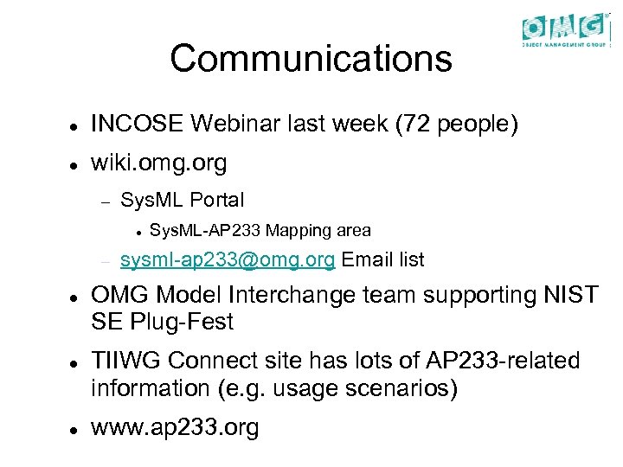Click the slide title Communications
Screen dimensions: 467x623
click(311, 59)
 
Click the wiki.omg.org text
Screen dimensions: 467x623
click(158, 163)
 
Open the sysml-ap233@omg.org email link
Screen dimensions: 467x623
click(229, 259)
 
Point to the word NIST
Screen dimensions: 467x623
click(568, 296)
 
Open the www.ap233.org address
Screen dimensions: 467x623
click(175, 427)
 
